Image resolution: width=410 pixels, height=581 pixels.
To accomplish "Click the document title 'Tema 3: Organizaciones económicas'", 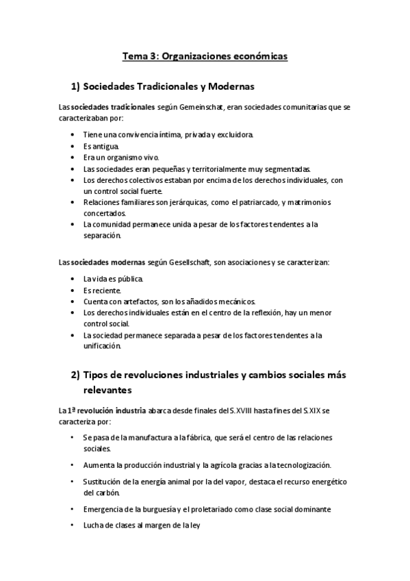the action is point(205,56).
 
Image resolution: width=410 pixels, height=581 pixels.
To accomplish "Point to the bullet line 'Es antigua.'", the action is point(101,146).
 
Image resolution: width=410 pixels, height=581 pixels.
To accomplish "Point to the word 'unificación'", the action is point(101,345).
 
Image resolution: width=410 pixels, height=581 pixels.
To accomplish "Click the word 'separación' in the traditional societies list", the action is point(102,235).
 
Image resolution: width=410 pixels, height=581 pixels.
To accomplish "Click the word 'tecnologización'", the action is point(298,465).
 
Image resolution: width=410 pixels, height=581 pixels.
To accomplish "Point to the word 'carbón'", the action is point(108,492).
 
